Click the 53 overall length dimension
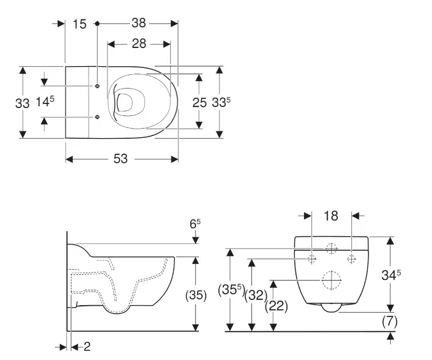pos(121,159)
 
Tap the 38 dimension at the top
pos(139,23)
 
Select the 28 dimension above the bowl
pos(139,44)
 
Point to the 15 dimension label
pos(79,24)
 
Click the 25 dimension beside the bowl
pos(199,103)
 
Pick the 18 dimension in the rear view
pos(331,215)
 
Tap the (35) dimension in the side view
pos(196,295)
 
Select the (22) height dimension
pos(276,306)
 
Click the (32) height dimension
pos(256,295)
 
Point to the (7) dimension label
pos(390,322)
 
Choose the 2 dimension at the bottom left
pos(87,346)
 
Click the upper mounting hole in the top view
pos(97,86)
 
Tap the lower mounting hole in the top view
pos(97,117)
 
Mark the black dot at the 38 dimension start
pos(97,23)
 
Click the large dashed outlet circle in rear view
pos(331,280)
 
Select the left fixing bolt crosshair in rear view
pos(311,259)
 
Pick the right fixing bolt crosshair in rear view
pos(351,259)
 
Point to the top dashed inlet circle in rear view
pos(331,249)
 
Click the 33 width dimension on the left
pos(22,103)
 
